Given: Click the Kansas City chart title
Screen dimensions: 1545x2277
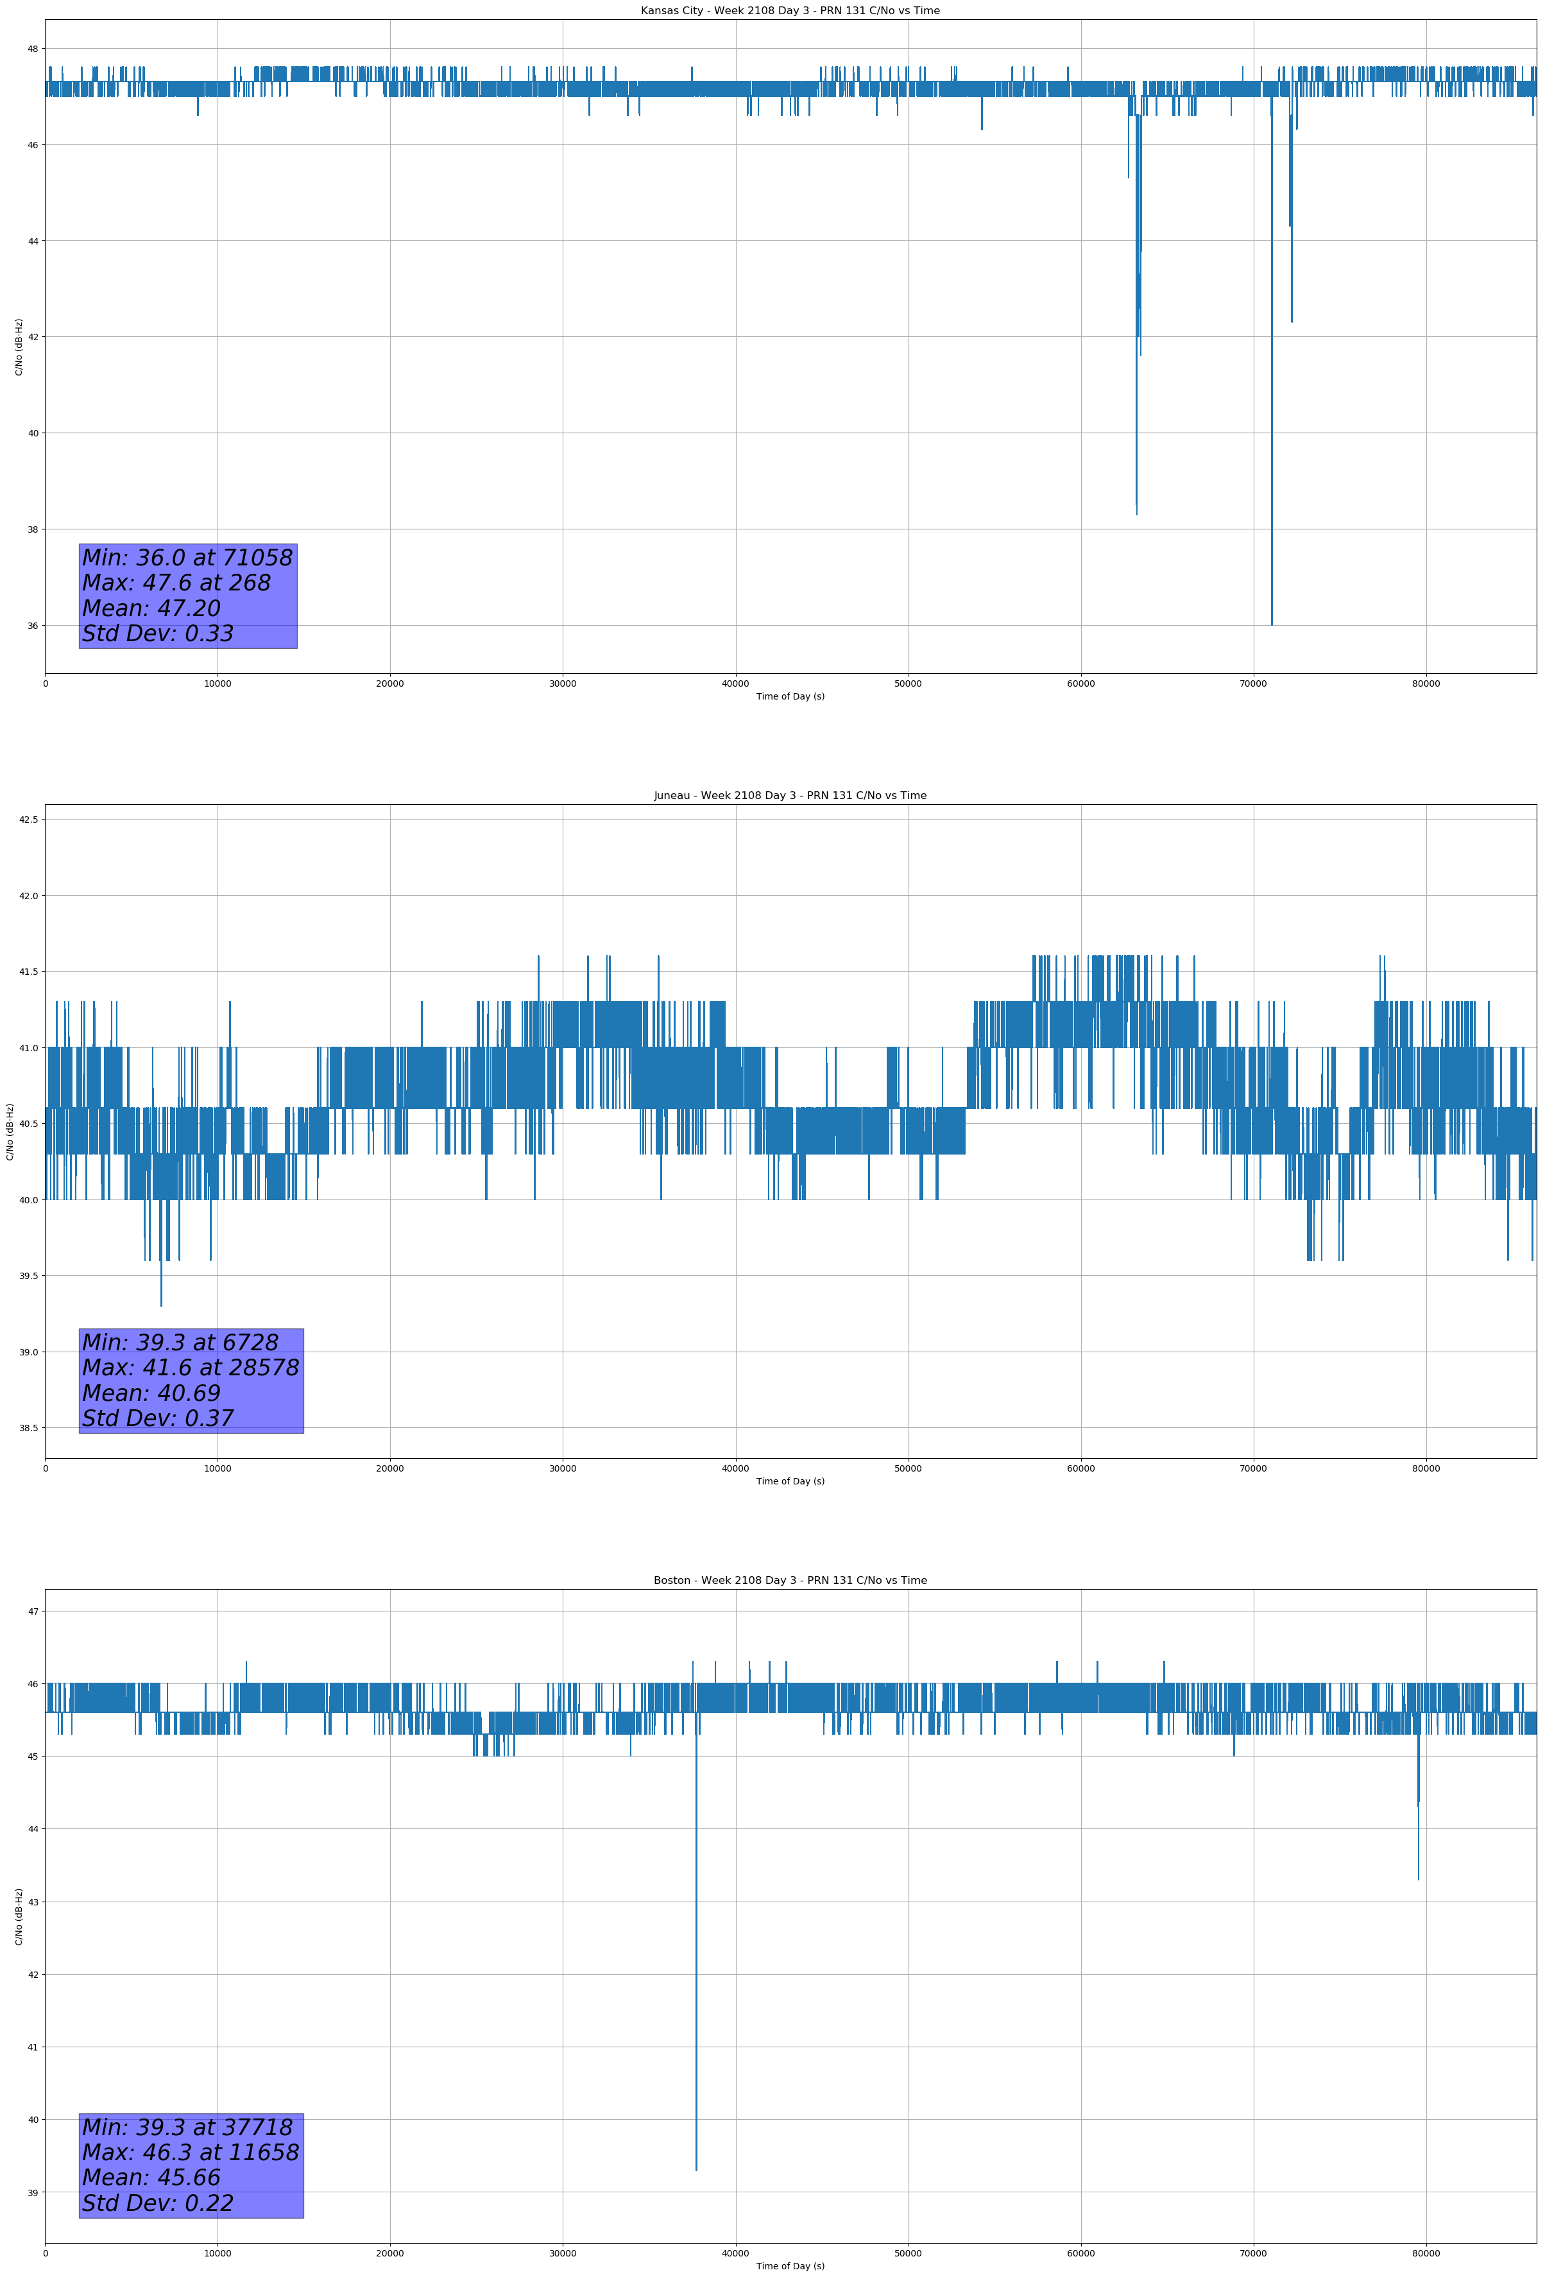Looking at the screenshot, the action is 790,11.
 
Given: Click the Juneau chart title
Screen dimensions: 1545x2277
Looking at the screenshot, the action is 790,796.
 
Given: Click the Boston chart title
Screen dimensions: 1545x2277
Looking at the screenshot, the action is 790,1581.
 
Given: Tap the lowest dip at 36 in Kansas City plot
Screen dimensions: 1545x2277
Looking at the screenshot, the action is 1272,624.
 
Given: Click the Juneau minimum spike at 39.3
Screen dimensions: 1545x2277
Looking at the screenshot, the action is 162,1304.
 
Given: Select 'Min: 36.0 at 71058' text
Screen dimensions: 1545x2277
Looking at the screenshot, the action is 187,558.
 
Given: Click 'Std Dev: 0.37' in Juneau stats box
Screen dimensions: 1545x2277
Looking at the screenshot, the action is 158,1419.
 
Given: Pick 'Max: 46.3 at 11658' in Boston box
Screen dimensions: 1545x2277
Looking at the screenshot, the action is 190,2152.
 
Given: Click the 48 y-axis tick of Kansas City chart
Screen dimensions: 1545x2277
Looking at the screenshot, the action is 32,49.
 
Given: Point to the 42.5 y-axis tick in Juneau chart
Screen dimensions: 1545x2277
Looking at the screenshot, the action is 28,819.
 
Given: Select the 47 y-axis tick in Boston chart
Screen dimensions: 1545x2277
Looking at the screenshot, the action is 32,1611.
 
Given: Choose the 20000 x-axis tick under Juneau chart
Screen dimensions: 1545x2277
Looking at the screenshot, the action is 390,1468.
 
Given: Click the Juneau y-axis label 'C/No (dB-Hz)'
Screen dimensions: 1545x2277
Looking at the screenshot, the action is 10,1131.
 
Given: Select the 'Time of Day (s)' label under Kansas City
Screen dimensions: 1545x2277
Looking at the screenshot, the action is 790,696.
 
